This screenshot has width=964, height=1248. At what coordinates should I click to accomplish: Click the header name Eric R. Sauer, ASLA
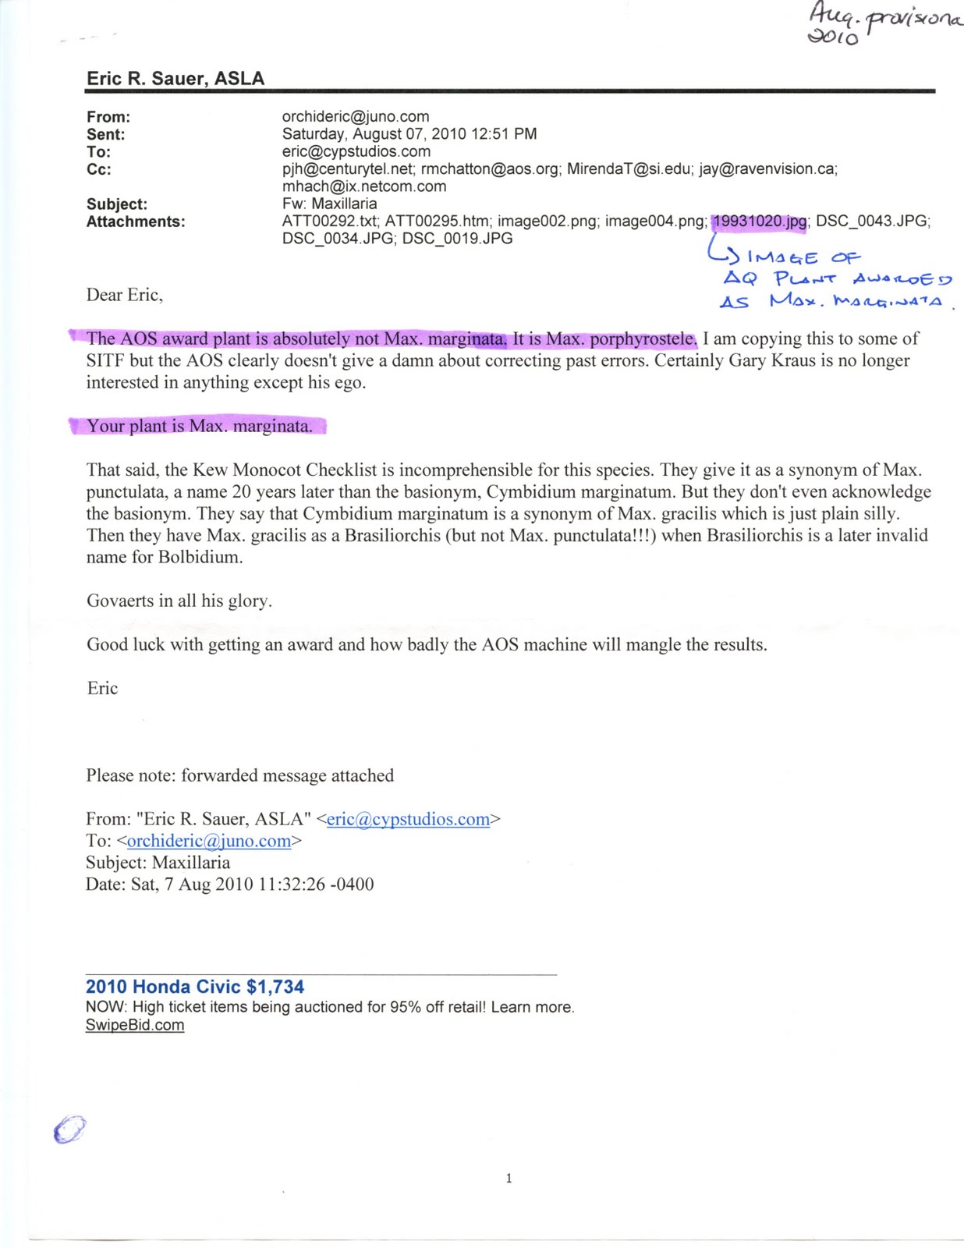coord(175,79)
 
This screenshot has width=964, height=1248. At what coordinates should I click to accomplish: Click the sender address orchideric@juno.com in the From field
coord(356,117)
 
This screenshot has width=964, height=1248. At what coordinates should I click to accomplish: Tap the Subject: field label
coord(117,204)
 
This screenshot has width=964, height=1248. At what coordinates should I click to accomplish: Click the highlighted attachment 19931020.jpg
coord(760,222)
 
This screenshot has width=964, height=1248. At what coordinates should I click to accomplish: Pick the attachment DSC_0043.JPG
coord(872,222)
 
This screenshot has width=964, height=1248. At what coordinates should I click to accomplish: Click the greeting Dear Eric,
coord(125,295)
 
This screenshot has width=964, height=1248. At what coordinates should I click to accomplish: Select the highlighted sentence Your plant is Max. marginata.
coord(200,426)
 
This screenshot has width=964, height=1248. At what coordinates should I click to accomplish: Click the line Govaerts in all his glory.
coord(179,601)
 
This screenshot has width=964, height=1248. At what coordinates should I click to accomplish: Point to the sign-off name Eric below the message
coord(102,688)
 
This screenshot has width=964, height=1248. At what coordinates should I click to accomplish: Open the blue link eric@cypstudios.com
coord(408,819)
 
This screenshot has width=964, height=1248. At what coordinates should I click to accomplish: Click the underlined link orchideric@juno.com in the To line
coord(208,841)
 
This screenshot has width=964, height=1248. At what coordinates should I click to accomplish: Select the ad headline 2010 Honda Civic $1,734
coord(195,987)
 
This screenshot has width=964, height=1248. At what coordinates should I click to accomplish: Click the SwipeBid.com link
coord(135,1025)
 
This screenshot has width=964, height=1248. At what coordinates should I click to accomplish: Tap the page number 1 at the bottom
coord(509,1178)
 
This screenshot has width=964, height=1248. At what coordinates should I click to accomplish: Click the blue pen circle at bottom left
coord(69,1129)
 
